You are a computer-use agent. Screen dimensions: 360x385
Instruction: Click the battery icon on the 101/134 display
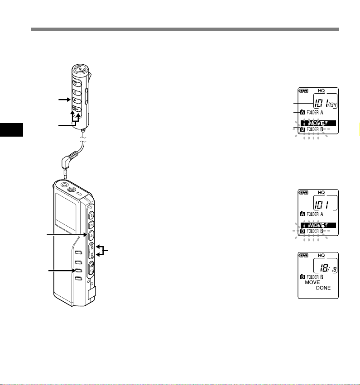click(x=303, y=90)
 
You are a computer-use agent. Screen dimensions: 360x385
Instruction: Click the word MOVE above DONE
click(x=312, y=282)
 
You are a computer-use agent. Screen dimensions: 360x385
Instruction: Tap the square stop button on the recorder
click(x=91, y=222)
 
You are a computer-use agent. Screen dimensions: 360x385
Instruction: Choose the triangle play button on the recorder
click(x=91, y=234)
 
